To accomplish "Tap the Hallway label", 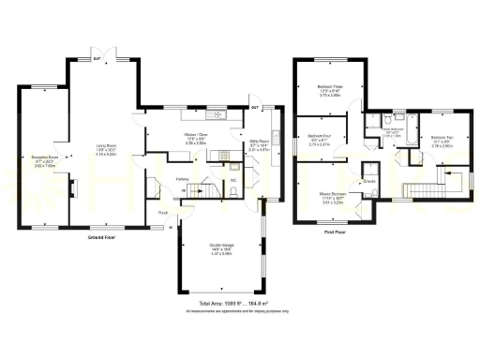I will click(x=184, y=179).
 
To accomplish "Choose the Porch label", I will click(x=163, y=213).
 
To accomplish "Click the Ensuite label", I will click(x=369, y=180).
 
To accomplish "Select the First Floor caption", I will click(x=336, y=230).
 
